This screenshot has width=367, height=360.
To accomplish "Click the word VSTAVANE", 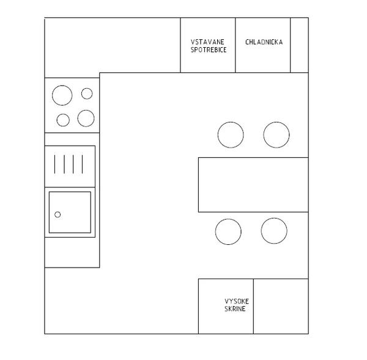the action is pos(207,42).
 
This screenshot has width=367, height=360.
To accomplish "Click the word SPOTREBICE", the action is pos(209,50).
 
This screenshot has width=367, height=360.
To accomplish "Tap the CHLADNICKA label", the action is pos(264,42).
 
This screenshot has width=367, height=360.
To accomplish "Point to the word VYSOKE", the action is pos(237,301).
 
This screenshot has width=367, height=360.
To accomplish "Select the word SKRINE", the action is pos(235,309).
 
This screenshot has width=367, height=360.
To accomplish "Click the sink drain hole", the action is pos(57,214).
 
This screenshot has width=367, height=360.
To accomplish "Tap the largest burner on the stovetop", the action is pos(62,96).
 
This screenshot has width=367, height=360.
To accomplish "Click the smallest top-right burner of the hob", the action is pos(87,94).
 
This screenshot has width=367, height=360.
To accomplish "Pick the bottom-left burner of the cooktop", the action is pos(63,120).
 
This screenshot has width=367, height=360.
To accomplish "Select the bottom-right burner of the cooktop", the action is pos(86,118).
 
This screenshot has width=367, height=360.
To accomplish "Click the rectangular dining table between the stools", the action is pos(253,185).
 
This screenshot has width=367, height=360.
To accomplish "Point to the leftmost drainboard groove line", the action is pos(55,164).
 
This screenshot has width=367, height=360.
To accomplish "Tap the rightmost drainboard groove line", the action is pos(83,164).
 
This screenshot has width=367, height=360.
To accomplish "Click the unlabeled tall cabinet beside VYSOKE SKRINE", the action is pos(281,306).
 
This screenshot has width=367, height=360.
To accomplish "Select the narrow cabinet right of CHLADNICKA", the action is pos(299,45).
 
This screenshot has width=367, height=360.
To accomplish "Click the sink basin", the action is pos(70,212).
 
